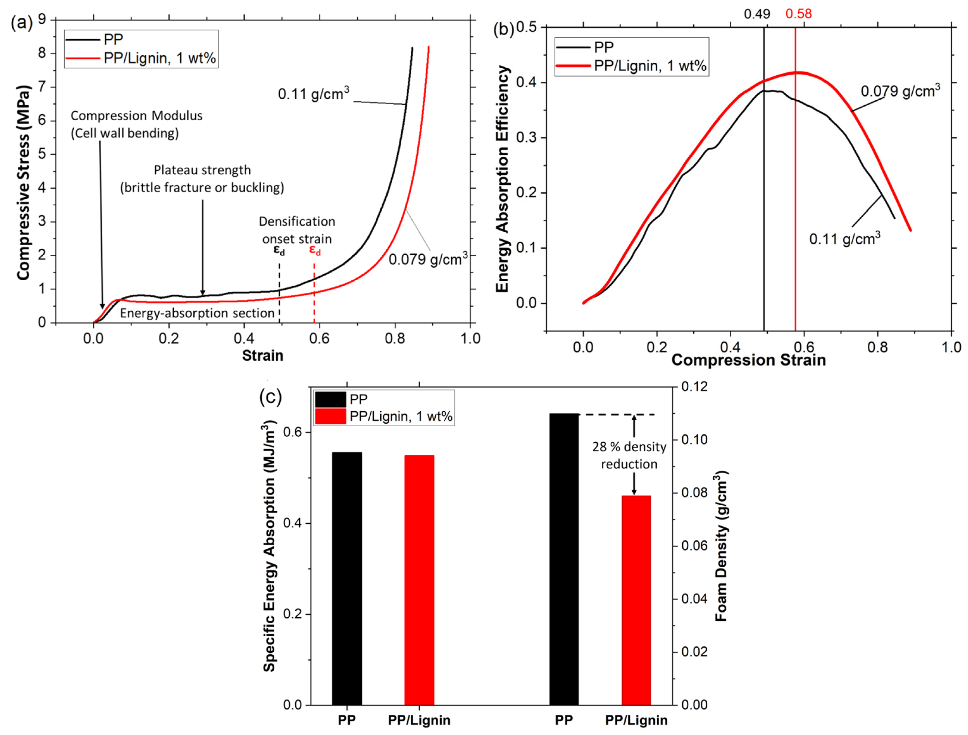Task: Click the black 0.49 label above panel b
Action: (757, 14)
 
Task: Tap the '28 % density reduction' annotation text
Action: (629, 455)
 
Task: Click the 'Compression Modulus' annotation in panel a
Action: (136, 115)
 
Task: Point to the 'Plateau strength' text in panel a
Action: (202, 170)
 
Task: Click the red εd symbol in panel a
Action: (315, 250)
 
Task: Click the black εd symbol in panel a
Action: (279, 250)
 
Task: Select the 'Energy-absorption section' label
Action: (197, 313)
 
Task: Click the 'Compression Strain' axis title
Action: (748, 360)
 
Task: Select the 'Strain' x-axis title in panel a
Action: (263, 355)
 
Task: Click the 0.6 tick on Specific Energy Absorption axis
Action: (293, 432)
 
